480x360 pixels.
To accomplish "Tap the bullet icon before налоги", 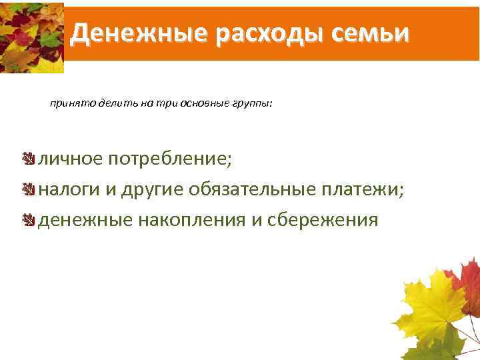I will coord(27,190).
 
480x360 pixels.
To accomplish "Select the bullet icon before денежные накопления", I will coord(27,219).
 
